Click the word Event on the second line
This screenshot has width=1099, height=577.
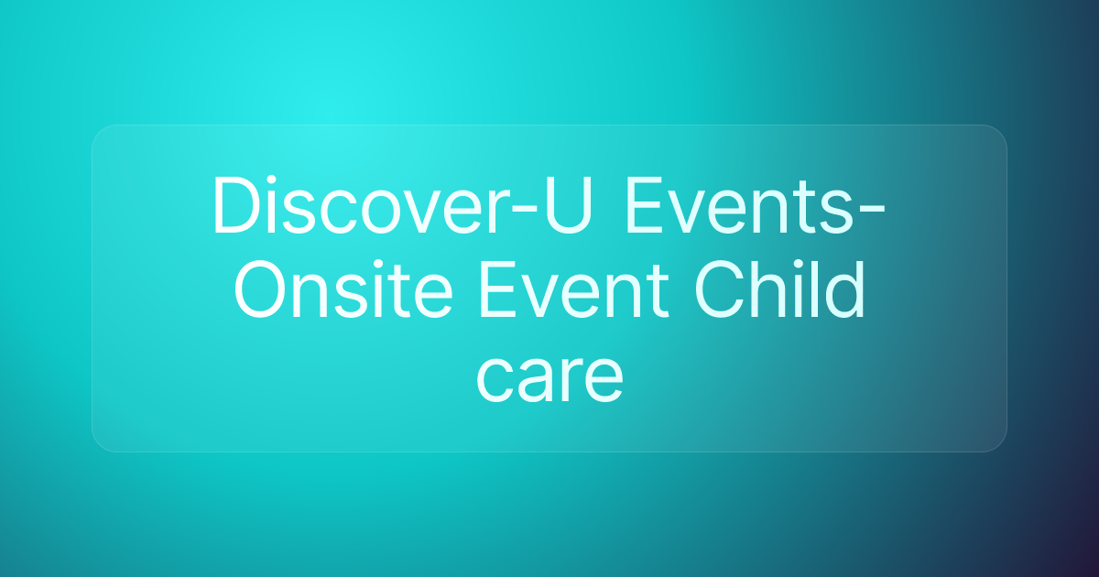click(574, 289)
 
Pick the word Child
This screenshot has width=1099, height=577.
click(780, 288)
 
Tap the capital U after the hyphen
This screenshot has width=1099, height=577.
click(569, 205)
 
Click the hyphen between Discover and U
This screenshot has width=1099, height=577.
click(524, 212)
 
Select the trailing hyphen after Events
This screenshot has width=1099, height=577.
click(870, 212)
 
